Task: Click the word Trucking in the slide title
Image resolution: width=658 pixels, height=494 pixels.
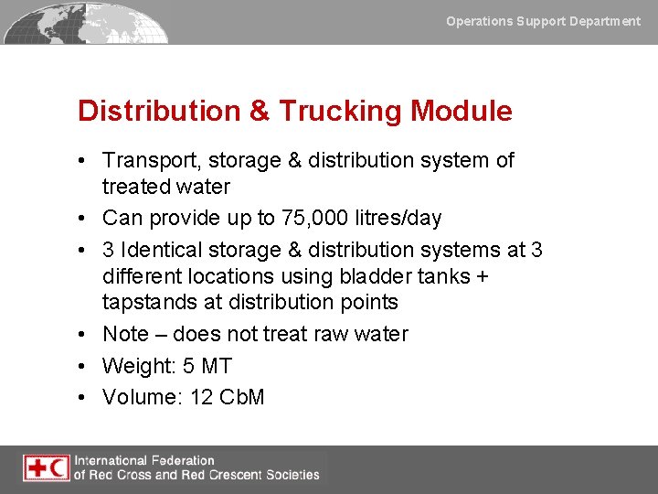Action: [x=340, y=112]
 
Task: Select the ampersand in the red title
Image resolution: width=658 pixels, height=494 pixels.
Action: [x=259, y=112]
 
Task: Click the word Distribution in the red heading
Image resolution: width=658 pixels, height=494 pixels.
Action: [x=159, y=112]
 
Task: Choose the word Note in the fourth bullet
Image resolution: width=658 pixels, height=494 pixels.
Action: [x=123, y=334]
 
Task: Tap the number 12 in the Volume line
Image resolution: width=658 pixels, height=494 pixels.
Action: [x=201, y=397]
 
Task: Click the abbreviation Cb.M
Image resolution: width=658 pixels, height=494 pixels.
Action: [x=242, y=397]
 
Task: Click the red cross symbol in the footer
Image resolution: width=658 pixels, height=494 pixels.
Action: [x=36, y=468]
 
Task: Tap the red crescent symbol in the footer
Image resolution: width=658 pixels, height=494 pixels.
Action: [x=58, y=468]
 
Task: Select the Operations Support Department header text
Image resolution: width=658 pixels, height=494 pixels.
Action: [x=543, y=21]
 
